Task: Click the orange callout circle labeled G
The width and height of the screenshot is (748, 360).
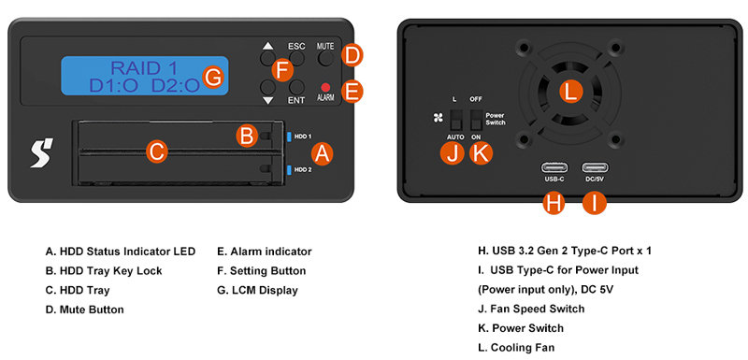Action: click(x=212, y=78)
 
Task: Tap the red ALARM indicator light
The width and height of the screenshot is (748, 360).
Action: click(x=325, y=87)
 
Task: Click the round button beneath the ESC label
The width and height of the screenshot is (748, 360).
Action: click(x=296, y=59)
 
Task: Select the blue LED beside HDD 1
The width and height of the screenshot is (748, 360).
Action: click(x=289, y=137)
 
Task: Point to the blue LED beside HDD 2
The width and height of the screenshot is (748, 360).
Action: click(x=289, y=169)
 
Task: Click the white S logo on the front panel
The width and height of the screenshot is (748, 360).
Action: click(x=42, y=152)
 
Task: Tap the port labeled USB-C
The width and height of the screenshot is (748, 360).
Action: click(x=554, y=167)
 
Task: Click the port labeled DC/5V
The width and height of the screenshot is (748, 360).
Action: click(x=595, y=167)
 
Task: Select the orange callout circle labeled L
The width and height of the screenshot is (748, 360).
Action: click(x=570, y=92)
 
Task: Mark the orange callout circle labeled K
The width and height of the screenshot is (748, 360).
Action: click(x=481, y=153)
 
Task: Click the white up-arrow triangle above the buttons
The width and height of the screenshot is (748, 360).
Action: click(x=268, y=46)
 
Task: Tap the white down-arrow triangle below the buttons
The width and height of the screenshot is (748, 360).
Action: click(x=268, y=100)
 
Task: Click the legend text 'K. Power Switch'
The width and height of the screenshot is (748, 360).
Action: click(x=521, y=328)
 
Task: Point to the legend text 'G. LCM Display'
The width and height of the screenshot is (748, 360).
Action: click(x=257, y=290)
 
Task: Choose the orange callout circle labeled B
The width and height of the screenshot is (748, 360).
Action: click(x=247, y=136)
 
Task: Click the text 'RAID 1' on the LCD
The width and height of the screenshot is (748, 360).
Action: click(x=144, y=68)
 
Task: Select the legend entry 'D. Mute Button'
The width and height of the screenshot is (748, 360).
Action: click(x=84, y=310)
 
